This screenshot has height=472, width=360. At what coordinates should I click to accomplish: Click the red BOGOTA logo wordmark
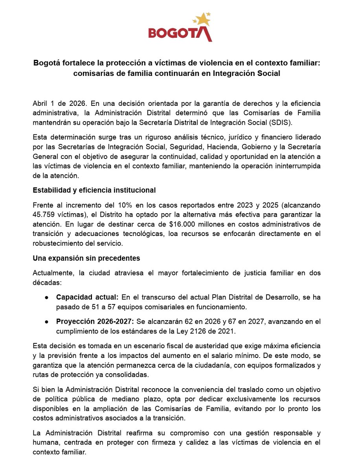pyautogui.click(x=180, y=33)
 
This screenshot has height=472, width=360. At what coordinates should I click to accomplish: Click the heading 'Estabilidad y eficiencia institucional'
pyautogui.click(x=94, y=190)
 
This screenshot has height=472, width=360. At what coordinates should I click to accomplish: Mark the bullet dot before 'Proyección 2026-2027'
pyautogui.click(x=47, y=321)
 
